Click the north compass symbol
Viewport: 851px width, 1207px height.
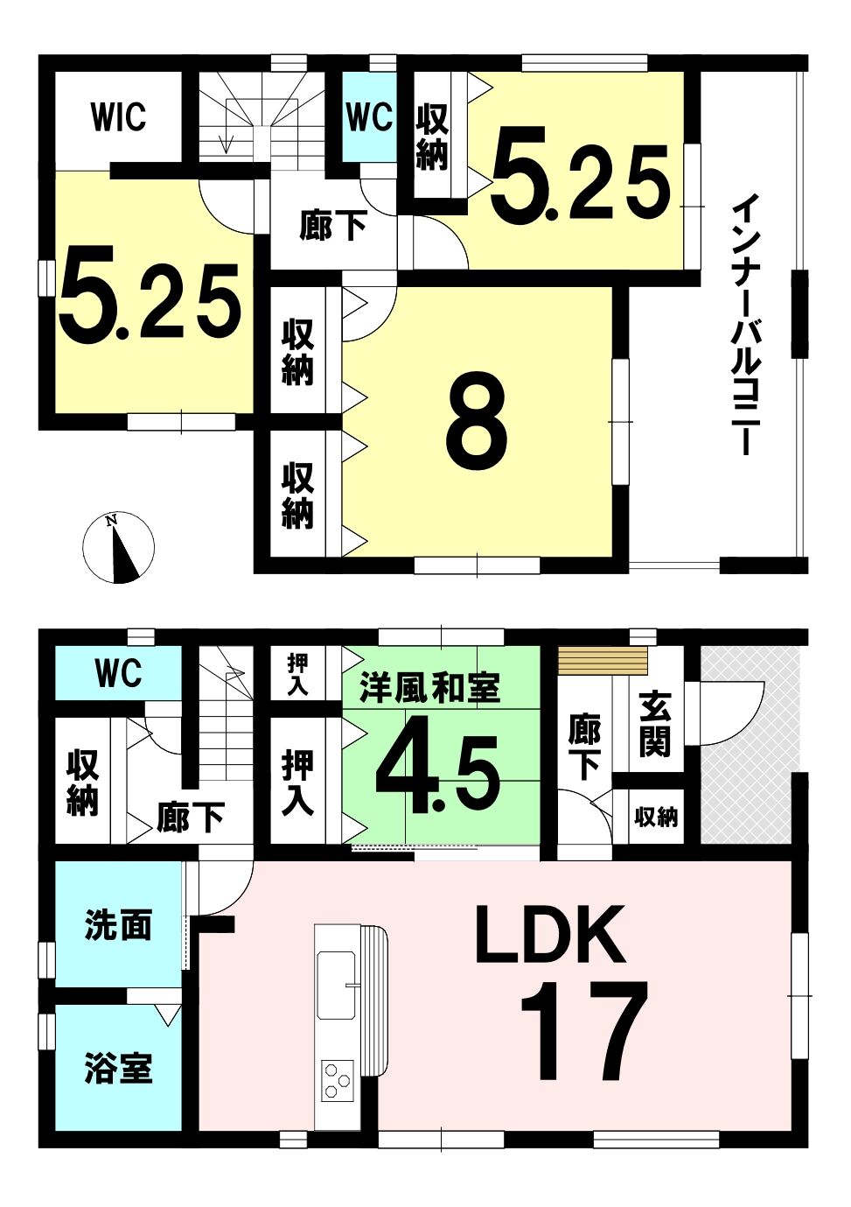(x=118, y=549)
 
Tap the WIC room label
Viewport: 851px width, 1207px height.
(x=118, y=116)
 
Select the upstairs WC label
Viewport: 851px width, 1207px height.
(x=369, y=116)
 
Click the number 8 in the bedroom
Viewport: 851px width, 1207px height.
(x=477, y=421)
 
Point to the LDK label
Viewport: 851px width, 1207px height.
(x=549, y=934)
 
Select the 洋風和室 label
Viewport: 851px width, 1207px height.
(x=430, y=688)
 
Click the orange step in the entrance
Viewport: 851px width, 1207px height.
(x=603, y=660)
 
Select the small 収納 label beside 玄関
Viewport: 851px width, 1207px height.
(x=656, y=818)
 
